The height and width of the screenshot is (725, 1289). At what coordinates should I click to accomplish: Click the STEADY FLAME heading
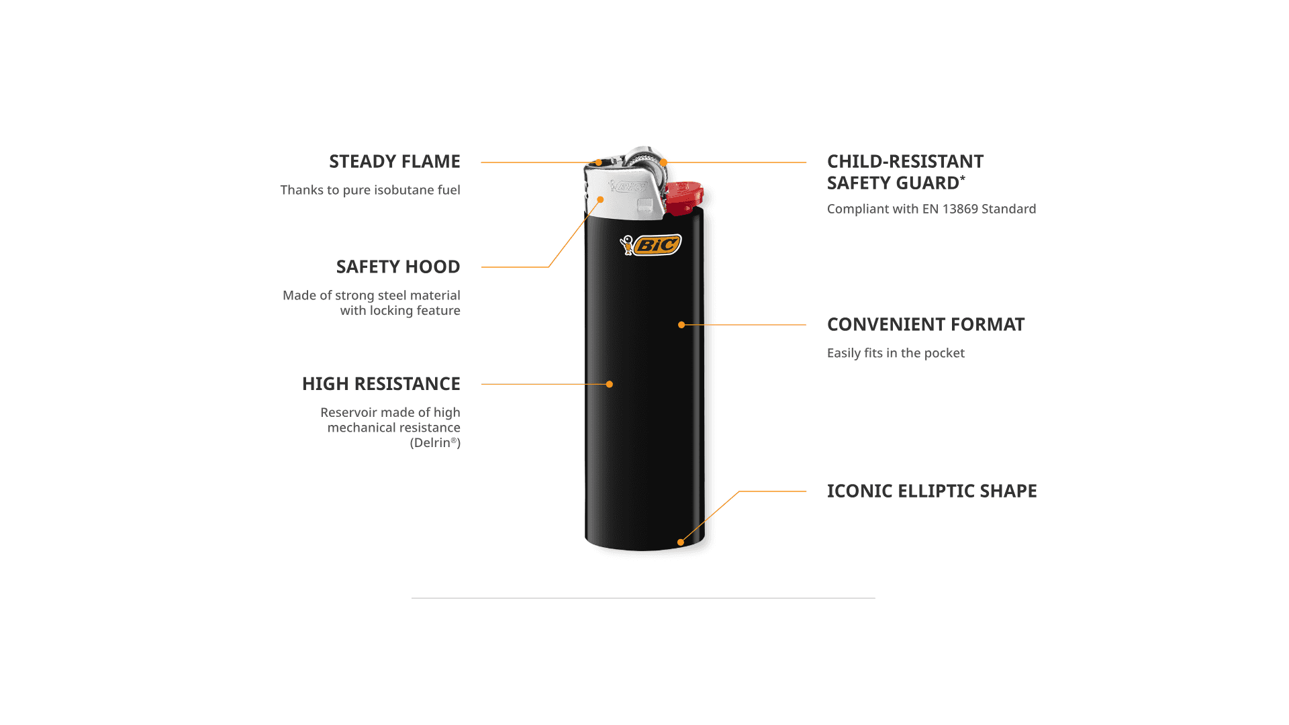pos(394,162)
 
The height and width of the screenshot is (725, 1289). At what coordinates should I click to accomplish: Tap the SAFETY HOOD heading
pos(397,267)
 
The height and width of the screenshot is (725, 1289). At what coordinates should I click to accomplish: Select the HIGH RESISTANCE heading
pos(381,384)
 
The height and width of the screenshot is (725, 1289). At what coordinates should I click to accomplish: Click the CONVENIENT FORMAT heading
pos(925,325)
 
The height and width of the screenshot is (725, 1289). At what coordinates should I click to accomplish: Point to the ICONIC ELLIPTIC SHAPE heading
pos(931,491)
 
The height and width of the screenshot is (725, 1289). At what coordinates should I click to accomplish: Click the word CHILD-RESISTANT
pos(905,162)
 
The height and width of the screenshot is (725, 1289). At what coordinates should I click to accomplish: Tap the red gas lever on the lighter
pos(684,195)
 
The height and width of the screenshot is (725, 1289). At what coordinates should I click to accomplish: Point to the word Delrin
pos(432,443)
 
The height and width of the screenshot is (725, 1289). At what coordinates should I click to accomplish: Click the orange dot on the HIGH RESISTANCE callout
pos(610,385)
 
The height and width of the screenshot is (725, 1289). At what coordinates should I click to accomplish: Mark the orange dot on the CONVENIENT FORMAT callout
pos(681,325)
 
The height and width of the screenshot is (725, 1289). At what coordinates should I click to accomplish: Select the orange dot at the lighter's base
pos(681,542)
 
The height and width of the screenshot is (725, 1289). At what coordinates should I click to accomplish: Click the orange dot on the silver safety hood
pos(601,199)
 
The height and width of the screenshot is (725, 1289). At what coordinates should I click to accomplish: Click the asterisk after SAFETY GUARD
pos(963,179)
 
